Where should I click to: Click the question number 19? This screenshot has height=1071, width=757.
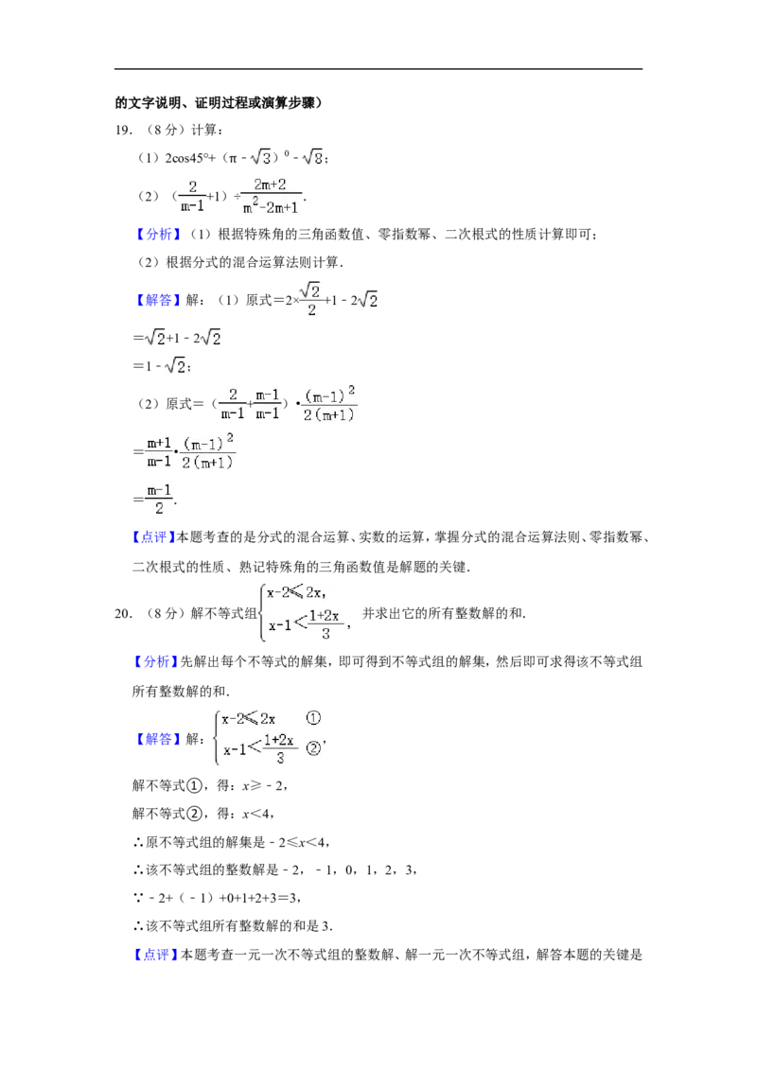[123, 130]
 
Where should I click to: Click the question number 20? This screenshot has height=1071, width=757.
[123, 613]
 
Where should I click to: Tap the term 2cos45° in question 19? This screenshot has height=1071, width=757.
[185, 158]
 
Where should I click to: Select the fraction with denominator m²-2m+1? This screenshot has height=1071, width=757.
[271, 196]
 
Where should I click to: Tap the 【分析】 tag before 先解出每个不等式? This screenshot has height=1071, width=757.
[153, 661]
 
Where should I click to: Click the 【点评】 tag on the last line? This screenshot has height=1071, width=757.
[153, 955]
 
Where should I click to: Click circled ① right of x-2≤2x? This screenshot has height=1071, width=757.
[313, 718]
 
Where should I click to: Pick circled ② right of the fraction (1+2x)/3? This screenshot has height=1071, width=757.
[313, 748]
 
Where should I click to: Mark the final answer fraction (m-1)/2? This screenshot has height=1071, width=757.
[159, 500]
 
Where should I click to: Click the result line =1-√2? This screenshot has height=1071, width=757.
[162, 366]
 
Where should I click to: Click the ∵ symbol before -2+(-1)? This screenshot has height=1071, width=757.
[138, 898]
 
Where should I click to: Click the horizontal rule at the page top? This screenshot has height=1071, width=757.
[378, 68]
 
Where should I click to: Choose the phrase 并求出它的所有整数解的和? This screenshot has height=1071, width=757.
[443, 613]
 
